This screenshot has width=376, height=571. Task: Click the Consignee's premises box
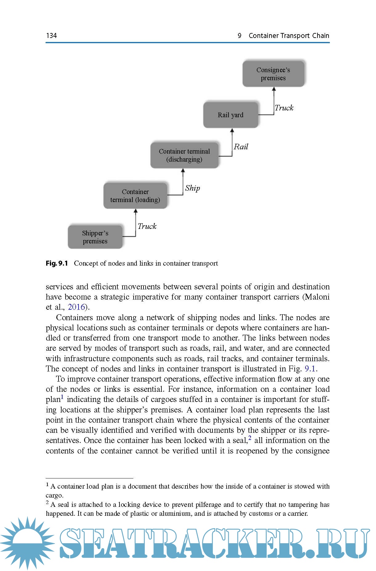[x=273, y=74]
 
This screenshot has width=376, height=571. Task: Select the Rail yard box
[x=230, y=115]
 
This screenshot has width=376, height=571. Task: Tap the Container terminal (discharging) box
[x=184, y=155]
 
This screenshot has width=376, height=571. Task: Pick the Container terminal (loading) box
[x=135, y=196]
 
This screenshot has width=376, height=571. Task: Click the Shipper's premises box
[x=95, y=237]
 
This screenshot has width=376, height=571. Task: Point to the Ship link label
[x=192, y=188]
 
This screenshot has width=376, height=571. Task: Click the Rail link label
[x=241, y=147]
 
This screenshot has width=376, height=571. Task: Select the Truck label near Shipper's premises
[x=147, y=226]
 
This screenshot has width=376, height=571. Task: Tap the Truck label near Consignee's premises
[x=284, y=108]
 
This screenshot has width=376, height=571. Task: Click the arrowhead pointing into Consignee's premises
[x=274, y=89]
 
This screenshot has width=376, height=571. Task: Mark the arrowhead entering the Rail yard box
[x=232, y=130]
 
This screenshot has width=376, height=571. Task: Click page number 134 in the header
[x=51, y=35]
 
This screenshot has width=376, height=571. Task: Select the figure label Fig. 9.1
[x=57, y=263]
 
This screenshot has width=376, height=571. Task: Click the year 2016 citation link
[x=76, y=307]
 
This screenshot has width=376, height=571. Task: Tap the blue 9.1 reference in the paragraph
[x=310, y=369]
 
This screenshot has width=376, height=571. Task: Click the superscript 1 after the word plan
[x=62, y=397]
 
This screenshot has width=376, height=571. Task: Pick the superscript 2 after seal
[x=250, y=438]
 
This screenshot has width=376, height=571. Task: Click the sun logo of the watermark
[x=27, y=543]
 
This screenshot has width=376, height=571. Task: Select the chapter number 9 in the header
[x=240, y=35]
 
